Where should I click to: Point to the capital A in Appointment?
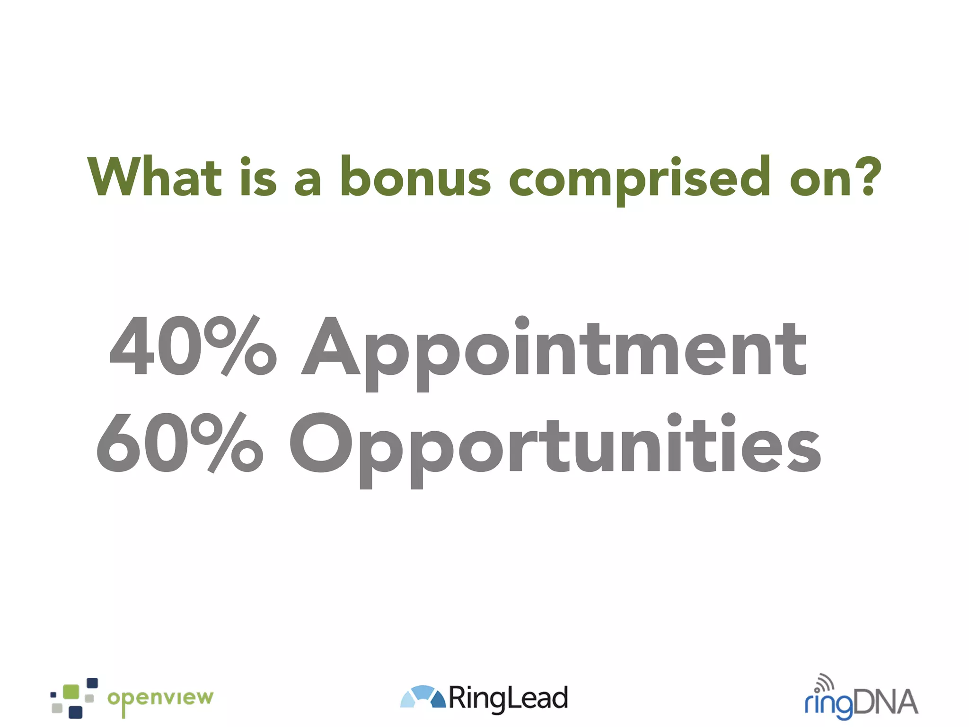click(x=331, y=346)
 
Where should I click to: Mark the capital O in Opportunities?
click(x=320, y=443)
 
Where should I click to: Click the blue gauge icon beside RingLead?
click(x=423, y=697)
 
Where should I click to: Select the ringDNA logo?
click(x=861, y=699)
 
